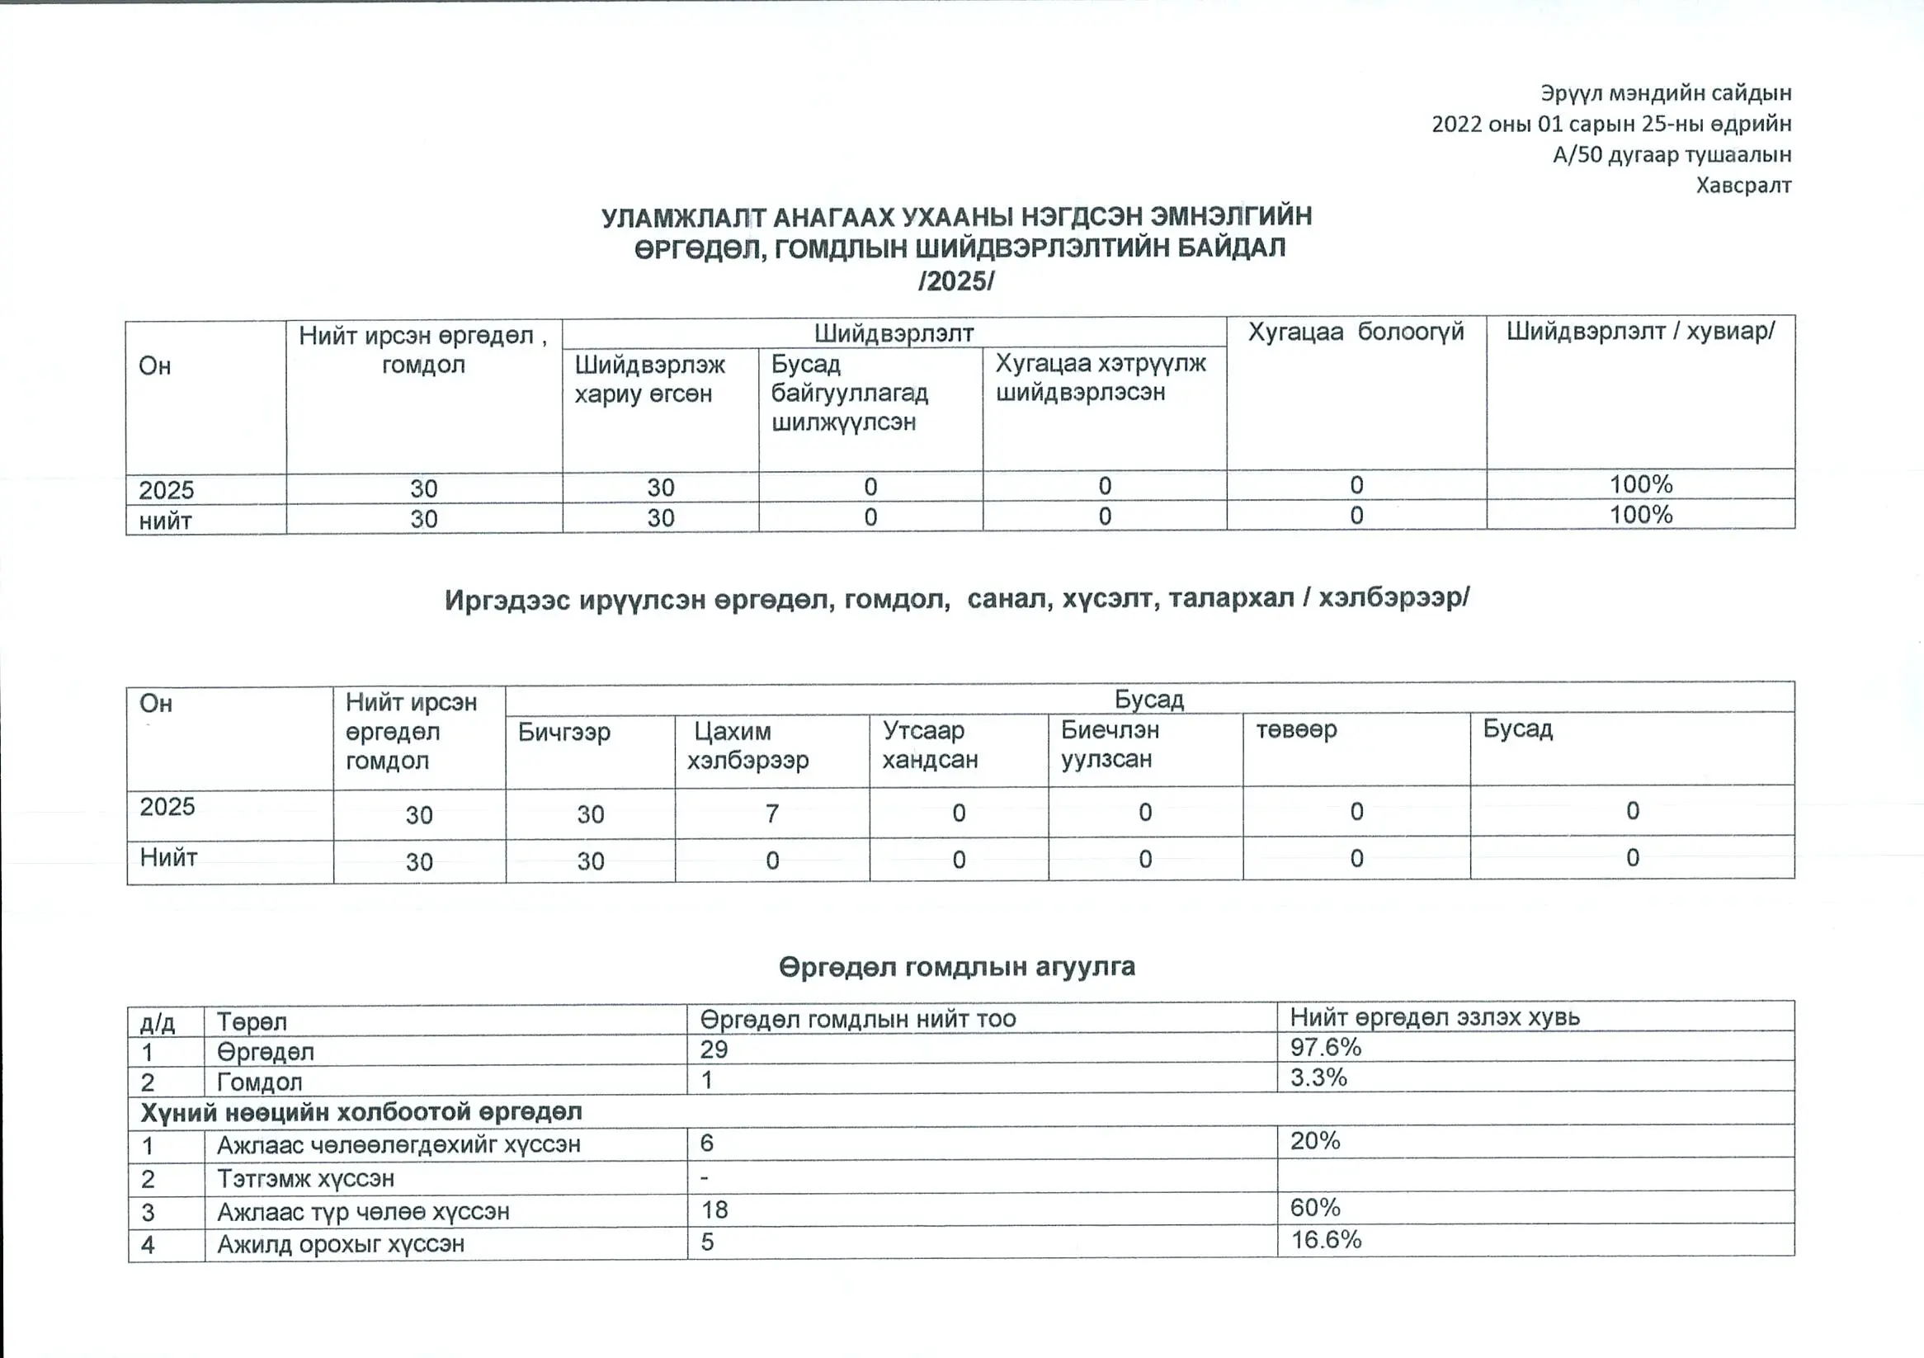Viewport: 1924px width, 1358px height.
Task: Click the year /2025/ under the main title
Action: (x=956, y=281)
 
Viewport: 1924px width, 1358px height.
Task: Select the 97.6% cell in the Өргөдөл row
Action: (x=1325, y=1047)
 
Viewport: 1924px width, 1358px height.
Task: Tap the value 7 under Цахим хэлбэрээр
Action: (x=771, y=813)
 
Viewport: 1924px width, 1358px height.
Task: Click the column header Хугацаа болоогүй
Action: (x=1355, y=332)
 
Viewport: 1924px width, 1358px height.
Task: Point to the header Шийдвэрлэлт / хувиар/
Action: (x=1640, y=331)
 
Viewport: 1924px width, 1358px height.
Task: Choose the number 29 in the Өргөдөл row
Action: (x=714, y=1049)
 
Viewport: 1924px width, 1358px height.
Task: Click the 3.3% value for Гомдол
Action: (x=1318, y=1077)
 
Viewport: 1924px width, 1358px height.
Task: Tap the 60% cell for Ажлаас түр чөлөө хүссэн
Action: (x=1315, y=1207)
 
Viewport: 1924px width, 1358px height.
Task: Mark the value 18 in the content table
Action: (x=714, y=1209)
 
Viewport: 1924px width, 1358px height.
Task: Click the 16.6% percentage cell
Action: (x=1326, y=1240)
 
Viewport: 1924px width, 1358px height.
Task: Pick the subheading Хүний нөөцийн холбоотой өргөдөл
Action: (x=361, y=1111)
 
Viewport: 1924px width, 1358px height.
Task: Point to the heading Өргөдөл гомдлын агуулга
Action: (x=956, y=967)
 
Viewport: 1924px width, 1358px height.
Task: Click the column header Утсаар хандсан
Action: (x=929, y=745)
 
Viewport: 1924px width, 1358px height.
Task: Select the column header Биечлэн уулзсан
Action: (x=1110, y=744)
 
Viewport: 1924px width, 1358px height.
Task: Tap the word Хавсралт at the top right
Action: (x=1743, y=185)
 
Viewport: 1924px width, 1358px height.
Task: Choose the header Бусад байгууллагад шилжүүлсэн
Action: (x=849, y=393)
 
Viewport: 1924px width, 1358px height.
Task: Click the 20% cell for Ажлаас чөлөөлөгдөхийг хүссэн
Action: (x=1315, y=1140)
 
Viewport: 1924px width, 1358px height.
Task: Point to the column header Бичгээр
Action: (x=564, y=732)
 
